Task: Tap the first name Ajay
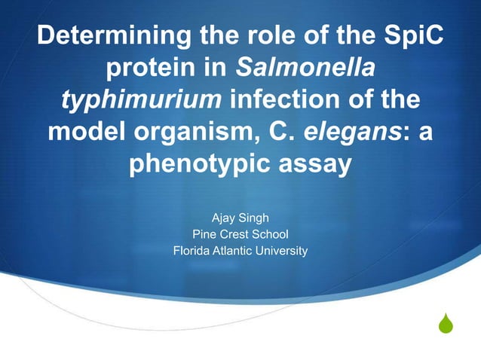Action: click(x=224, y=218)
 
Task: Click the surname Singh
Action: click(x=256, y=218)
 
